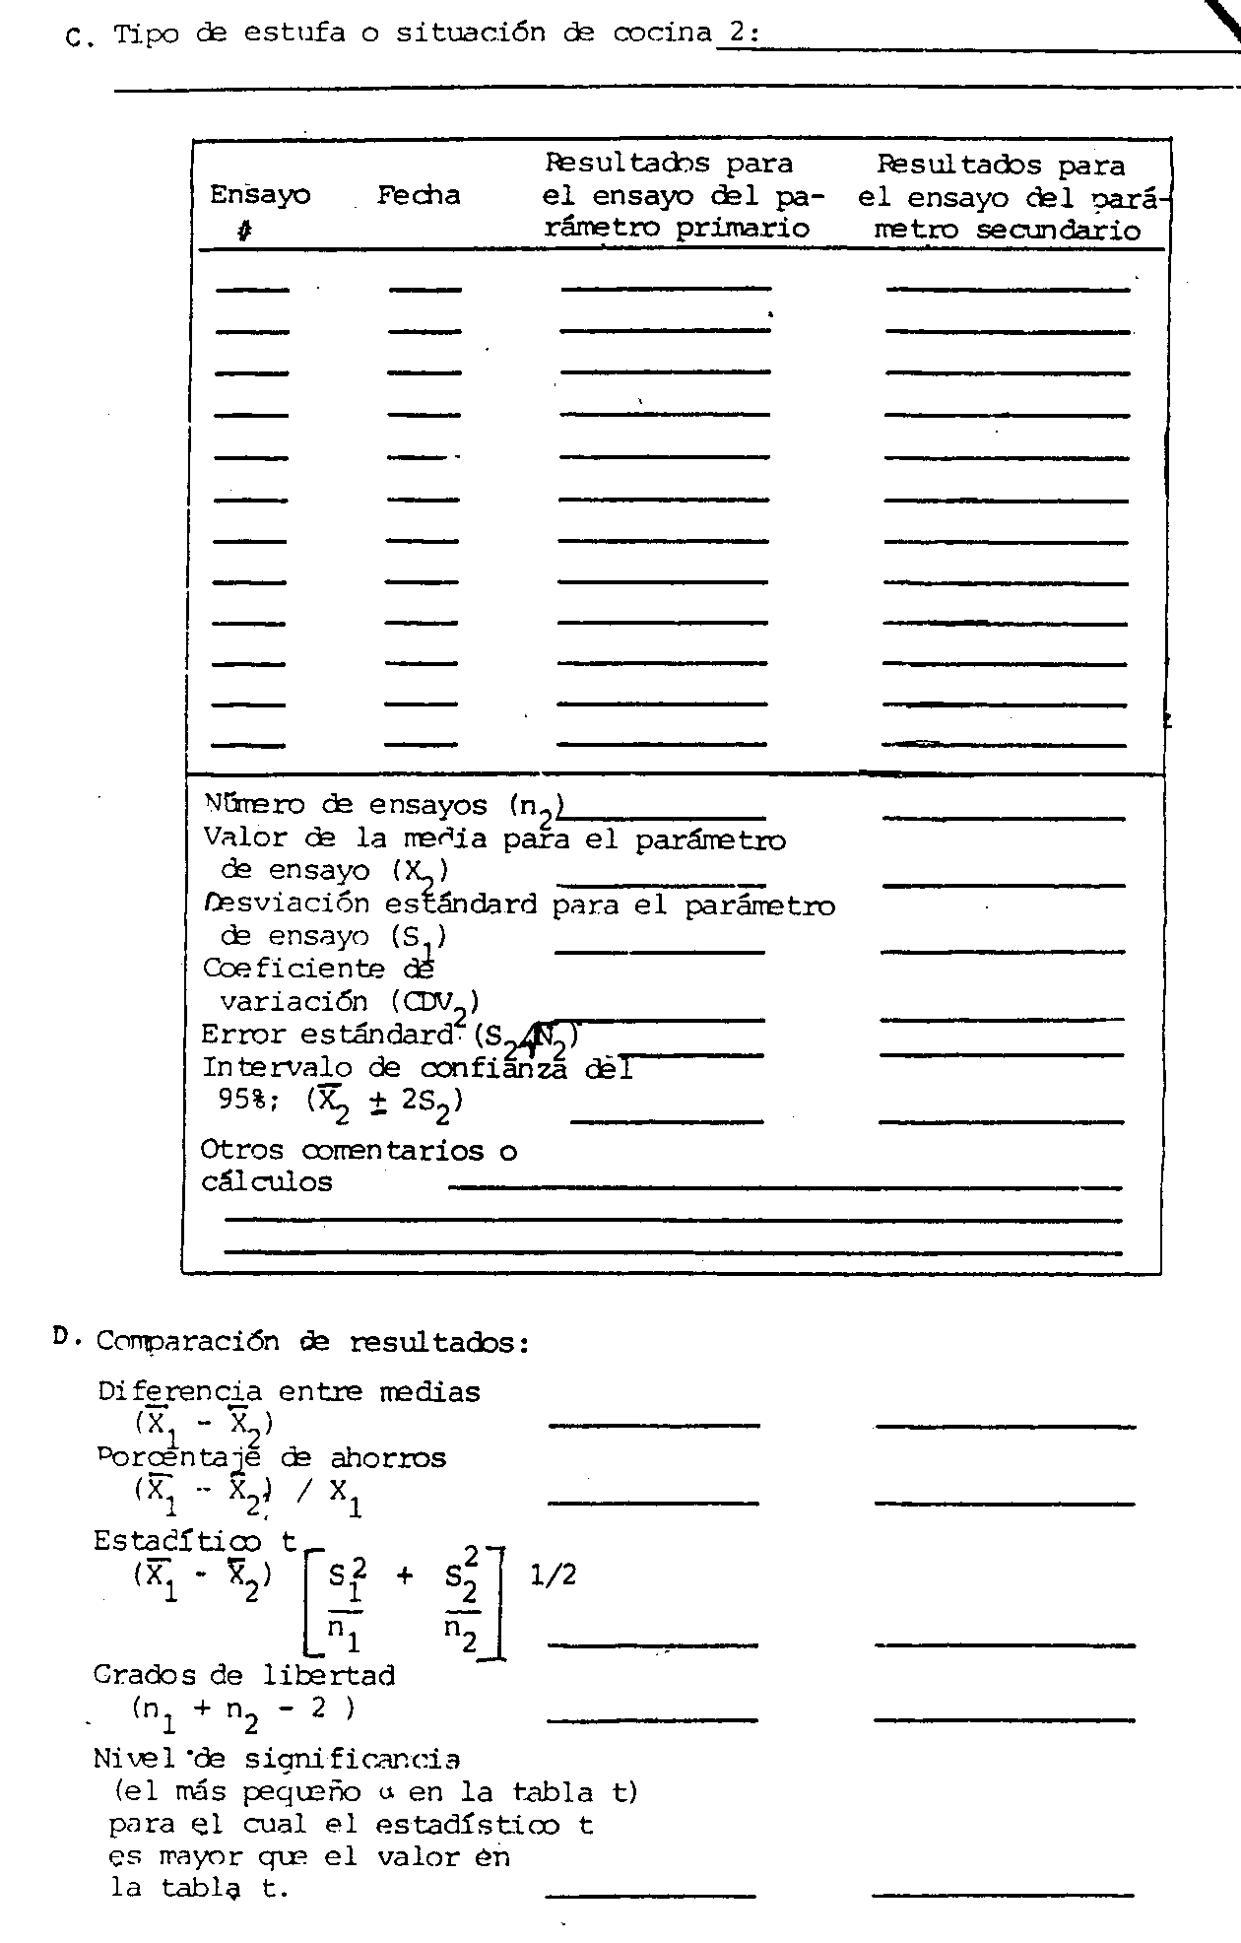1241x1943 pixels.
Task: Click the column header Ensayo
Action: [259, 195]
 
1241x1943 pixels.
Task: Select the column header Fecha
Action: [419, 195]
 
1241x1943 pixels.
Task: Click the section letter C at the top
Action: [76, 38]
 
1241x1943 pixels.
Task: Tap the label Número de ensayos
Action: [345, 804]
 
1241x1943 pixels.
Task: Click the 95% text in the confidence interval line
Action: [240, 1099]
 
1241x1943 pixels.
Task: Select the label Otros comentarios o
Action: [358, 1150]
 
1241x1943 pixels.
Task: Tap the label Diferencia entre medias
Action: [289, 1392]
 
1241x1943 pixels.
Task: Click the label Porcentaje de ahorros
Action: [271, 1458]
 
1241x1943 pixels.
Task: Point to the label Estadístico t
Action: [194, 1541]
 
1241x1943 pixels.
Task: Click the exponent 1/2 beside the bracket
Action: [553, 1575]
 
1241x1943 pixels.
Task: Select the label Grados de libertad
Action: [243, 1675]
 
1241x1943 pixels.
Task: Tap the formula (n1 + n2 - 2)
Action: [242, 1708]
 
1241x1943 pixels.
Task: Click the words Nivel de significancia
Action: [276, 1759]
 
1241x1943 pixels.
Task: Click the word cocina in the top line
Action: [662, 33]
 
